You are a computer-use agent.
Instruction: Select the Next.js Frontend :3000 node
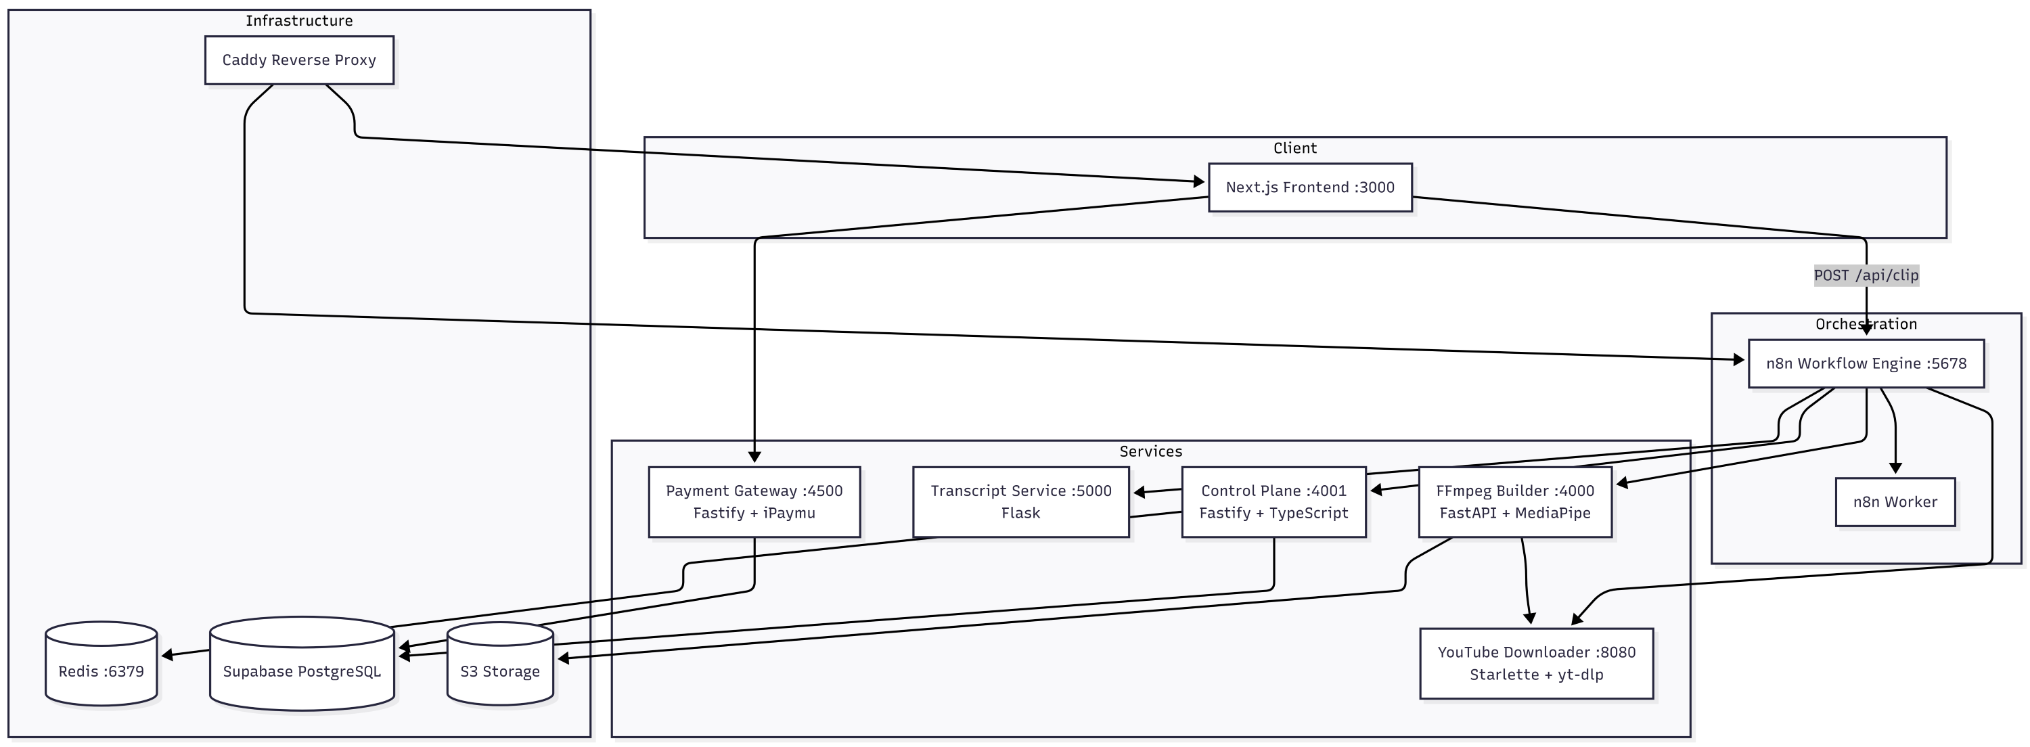(x=1310, y=187)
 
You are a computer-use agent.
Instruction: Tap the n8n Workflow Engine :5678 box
(x=1866, y=363)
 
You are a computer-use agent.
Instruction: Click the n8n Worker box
(x=1895, y=502)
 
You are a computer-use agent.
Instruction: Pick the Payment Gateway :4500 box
(x=754, y=502)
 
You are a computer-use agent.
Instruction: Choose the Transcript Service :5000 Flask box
(x=1020, y=502)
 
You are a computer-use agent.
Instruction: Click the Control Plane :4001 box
(x=1273, y=502)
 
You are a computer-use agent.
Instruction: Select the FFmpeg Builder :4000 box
(x=1514, y=502)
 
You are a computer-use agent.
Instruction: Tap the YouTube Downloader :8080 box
(x=1536, y=662)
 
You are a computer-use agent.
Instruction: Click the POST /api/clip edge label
(x=1866, y=275)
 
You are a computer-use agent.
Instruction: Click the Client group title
(x=1294, y=148)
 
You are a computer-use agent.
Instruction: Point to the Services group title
(x=1150, y=451)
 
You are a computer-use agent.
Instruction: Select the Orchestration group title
(x=1866, y=324)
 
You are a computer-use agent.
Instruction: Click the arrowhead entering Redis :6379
(x=167, y=655)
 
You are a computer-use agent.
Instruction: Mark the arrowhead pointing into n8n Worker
(x=1895, y=469)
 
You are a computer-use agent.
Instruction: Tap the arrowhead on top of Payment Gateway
(x=754, y=457)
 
